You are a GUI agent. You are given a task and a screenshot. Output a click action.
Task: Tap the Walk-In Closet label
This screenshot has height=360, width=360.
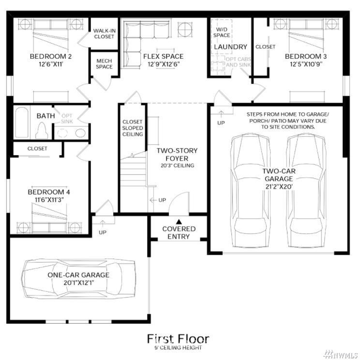104,33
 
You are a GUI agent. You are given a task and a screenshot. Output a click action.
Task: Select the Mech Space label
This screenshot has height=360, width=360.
104,63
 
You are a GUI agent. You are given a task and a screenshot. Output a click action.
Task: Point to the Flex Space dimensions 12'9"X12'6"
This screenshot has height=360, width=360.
164,64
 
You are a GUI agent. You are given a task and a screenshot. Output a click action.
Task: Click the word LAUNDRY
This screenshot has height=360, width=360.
230,47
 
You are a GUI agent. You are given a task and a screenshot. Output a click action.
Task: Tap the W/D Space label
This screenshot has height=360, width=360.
222,32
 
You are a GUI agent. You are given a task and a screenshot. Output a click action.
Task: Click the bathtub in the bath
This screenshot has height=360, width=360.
22,122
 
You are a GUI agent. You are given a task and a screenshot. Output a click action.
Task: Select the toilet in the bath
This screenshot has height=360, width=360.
42,130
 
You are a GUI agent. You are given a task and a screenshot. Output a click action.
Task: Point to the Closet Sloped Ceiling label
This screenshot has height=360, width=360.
133,128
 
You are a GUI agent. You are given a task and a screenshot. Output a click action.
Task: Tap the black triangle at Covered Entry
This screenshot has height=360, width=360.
179,221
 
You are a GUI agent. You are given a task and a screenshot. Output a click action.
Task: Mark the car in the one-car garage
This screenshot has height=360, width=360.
78,279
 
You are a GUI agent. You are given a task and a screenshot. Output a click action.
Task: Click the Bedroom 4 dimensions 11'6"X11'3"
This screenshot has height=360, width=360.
49,200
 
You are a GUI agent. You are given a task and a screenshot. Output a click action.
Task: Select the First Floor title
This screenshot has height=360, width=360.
178,339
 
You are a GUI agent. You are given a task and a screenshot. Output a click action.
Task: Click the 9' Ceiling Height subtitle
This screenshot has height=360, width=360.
178,347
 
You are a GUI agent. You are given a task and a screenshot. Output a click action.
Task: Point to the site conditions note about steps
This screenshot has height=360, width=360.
288,121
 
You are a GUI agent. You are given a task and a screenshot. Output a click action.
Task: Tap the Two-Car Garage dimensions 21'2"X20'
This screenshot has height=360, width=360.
279,187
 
